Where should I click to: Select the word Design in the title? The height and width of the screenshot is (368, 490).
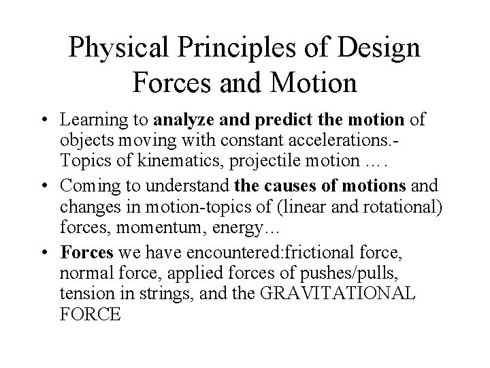tap(382, 48)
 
